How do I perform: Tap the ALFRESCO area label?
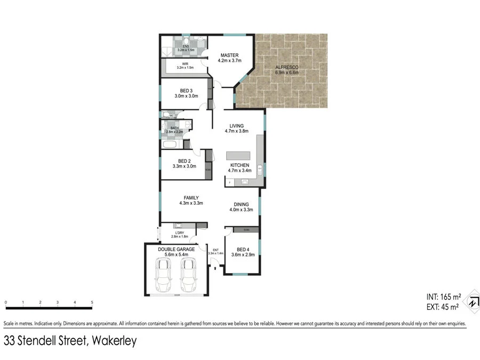286,67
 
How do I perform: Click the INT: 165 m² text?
443,297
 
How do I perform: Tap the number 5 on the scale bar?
92,303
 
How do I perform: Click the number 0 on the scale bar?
6,303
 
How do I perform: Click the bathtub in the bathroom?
171,145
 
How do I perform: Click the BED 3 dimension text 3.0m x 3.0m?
186,96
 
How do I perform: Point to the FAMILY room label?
191,198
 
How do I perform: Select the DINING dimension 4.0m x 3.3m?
241,210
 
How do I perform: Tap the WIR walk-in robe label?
185,63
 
